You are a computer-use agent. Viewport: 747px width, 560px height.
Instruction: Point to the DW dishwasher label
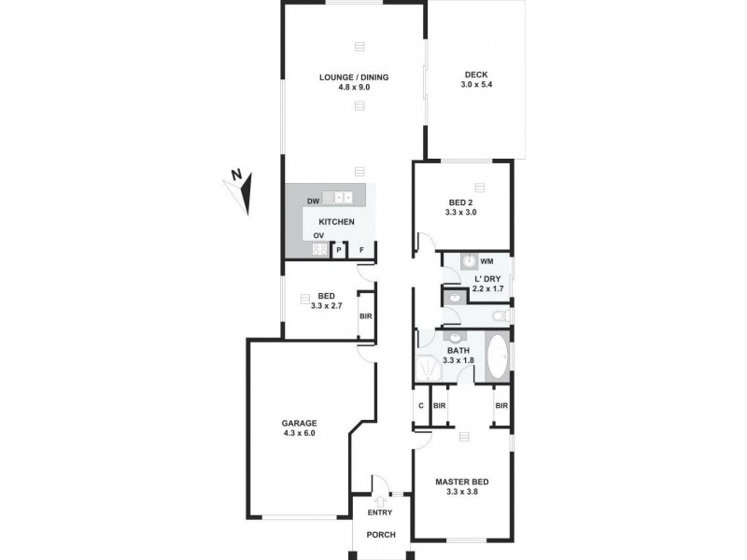(313, 202)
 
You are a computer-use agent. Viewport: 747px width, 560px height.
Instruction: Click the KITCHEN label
(337, 221)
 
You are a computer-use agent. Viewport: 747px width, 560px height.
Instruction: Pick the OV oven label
(318, 235)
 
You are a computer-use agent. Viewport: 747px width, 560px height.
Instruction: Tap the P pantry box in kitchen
(339, 250)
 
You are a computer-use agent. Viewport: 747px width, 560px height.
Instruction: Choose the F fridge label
(363, 250)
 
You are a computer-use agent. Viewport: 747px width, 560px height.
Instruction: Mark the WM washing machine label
(486, 261)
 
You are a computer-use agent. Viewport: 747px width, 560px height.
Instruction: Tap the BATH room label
(458, 351)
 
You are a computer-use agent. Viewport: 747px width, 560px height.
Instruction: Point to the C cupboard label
(420, 406)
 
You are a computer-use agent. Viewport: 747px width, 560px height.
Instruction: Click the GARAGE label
(300, 423)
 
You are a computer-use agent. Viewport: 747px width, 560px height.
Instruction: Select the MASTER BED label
(462, 483)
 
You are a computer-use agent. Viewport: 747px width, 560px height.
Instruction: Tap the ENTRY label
(380, 512)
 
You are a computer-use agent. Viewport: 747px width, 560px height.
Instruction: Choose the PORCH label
(381, 535)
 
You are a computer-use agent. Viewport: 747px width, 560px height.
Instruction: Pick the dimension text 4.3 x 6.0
(300, 433)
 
